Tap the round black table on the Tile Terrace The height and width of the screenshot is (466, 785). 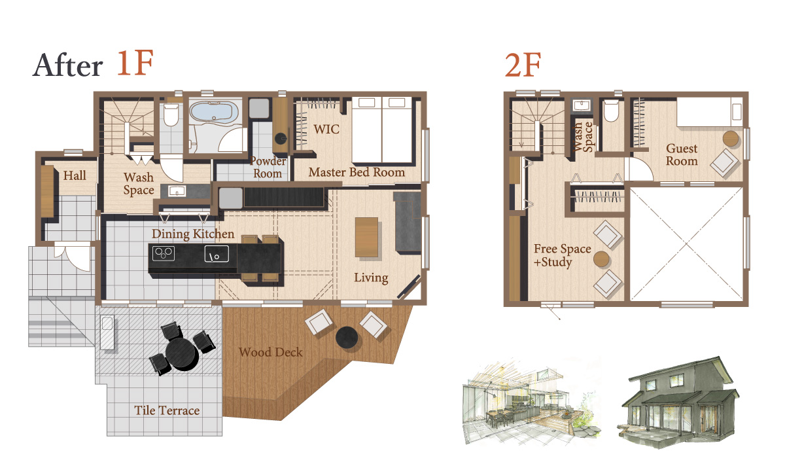pos(182,353)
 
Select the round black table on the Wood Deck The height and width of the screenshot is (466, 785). pos(347,338)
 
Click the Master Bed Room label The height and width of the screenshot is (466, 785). pos(357,172)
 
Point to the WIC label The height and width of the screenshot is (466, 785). pos(326,129)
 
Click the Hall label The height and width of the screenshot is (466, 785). pos(75,175)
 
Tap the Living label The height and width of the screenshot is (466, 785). pos(371,278)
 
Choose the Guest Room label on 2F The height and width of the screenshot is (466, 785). pos(682,154)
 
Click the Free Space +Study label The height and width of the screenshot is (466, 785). pos(562,255)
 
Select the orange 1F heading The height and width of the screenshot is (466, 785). pos(135,63)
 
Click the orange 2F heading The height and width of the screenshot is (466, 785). pos(523,65)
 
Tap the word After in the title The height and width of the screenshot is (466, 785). pos(67,65)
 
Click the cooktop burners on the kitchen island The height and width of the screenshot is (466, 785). pos(164,253)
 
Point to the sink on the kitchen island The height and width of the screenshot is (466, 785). pos(217,254)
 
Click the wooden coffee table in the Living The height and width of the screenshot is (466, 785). pos(366,238)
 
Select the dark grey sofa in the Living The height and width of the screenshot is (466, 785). pos(408,222)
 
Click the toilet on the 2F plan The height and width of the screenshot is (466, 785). pos(612,111)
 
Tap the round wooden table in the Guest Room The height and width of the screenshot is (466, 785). pos(731,139)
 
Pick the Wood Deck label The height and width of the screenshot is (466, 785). pos(271,352)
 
